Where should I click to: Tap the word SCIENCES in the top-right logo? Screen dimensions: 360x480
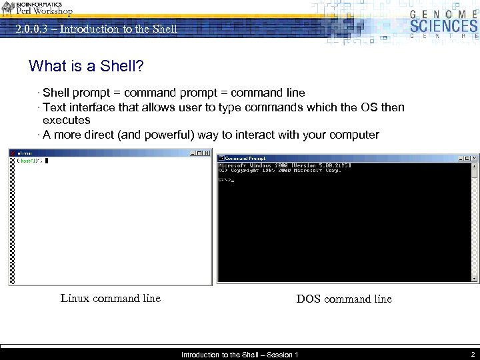(443, 27)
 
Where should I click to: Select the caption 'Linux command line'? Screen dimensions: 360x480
(111, 299)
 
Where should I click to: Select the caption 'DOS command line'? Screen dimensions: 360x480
(344, 299)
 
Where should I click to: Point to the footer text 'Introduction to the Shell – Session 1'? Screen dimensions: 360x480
(240, 355)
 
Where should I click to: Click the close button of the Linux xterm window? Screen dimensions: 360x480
(207, 153)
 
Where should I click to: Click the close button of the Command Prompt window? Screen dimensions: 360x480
(474, 158)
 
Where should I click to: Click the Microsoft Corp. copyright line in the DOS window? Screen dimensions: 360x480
(280, 170)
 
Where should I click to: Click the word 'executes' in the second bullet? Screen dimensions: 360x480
(66, 121)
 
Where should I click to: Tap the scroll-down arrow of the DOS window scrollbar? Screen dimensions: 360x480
(475, 278)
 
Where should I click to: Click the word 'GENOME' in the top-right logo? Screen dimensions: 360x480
(443, 13)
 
